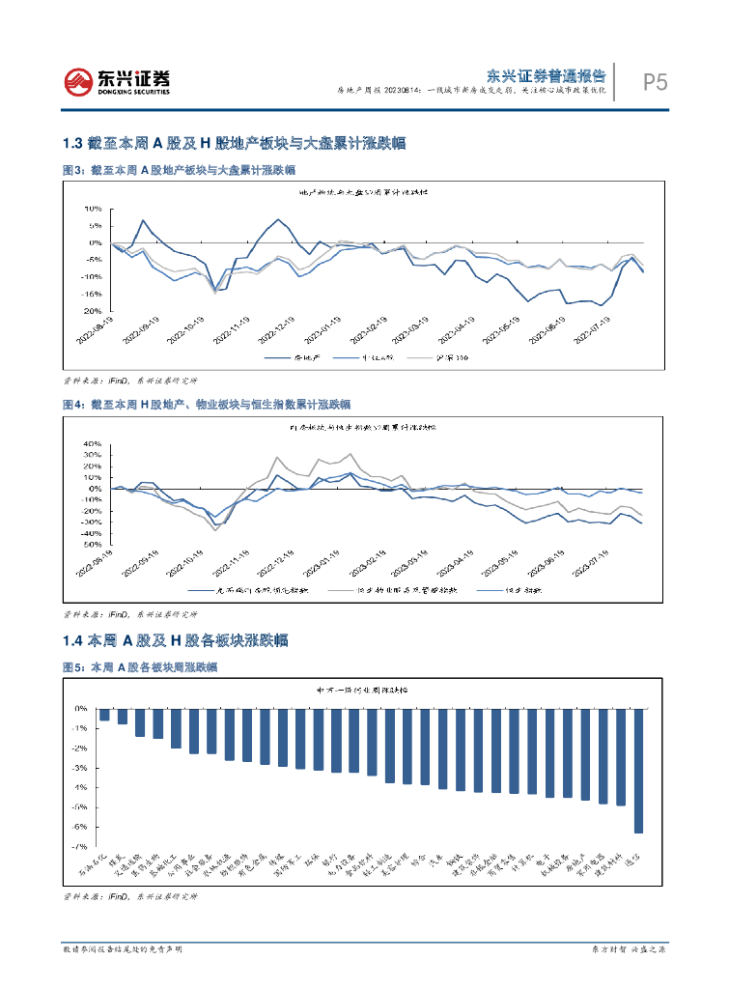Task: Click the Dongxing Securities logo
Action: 116,82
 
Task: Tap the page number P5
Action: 656,83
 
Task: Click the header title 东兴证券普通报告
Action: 546,75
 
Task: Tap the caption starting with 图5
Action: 139,667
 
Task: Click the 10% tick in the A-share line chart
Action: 93,209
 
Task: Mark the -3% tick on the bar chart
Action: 80,768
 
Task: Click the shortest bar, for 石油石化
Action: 105,714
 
